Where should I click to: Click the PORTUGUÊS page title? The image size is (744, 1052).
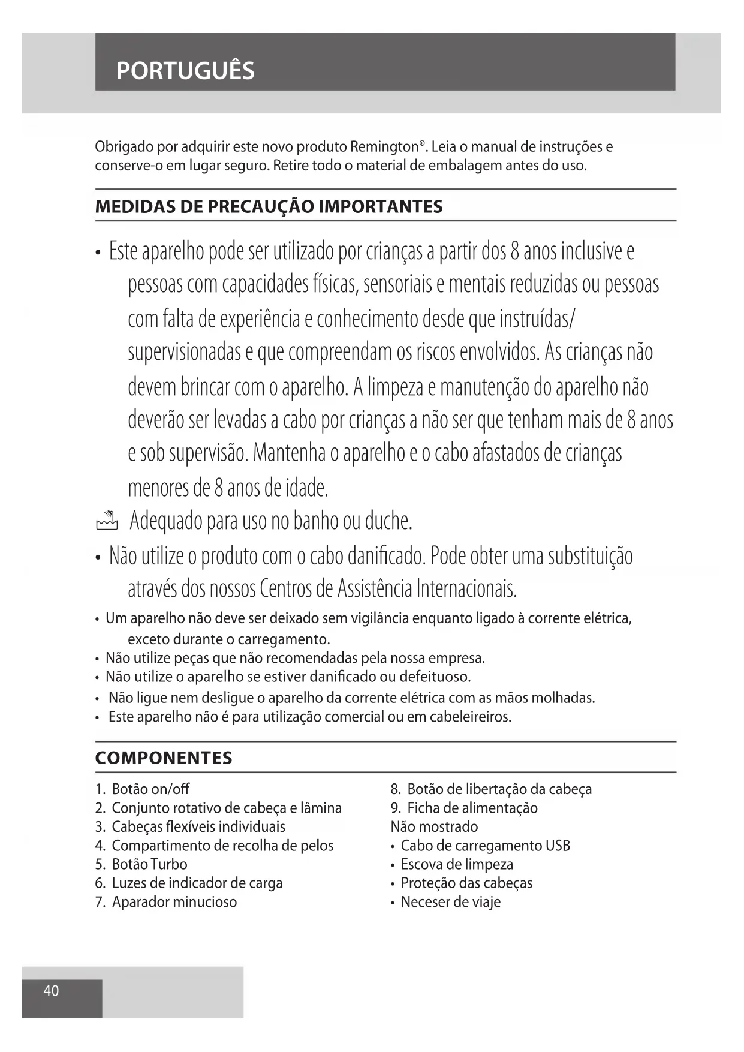(185, 71)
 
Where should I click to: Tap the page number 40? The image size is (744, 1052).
(51, 990)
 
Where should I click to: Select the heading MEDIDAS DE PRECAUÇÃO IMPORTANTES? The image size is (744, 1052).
(269, 206)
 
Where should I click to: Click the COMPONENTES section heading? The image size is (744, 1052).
(164, 758)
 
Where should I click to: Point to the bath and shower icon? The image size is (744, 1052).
(107, 521)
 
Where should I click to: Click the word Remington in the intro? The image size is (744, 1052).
(384, 147)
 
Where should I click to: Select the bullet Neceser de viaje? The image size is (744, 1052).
(450, 902)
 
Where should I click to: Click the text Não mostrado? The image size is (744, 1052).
(434, 826)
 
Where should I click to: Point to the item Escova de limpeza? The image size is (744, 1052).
(457, 864)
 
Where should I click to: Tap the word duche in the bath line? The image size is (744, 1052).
(388, 521)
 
